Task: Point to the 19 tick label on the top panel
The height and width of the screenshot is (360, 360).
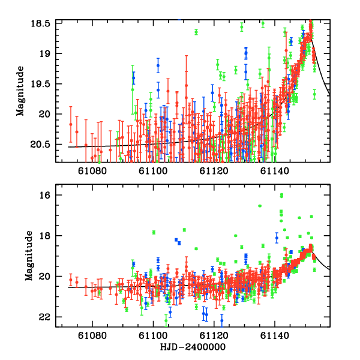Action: (x=48, y=53)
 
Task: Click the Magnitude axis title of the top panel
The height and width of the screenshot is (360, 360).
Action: (x=20, y=91)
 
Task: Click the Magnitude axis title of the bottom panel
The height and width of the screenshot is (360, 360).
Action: (x=28, y=256)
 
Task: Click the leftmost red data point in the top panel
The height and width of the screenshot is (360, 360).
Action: (x=71, y=124)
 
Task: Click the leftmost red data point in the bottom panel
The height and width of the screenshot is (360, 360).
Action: (x=71, y=280)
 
